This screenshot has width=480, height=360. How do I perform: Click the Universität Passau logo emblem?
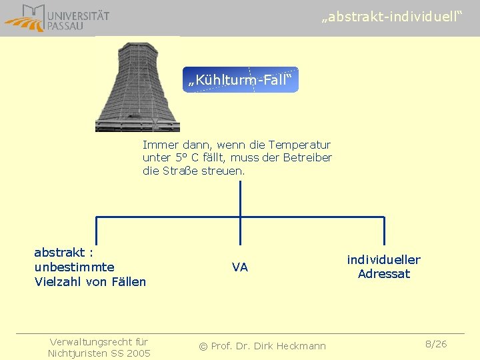pyautogui.click(x=25, y=18)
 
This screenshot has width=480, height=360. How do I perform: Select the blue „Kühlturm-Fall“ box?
pyautogui.click(x=239, y=80)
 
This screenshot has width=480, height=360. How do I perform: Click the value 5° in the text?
pyautogui.click(x=181, y=158)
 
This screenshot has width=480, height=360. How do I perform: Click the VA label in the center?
pyautogui.click(x=240, y=267)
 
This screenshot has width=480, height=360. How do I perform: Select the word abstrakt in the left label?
pyautogui.click(x=59, y=253)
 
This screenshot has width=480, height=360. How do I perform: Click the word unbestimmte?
pyautogui.click(x=74, y=267)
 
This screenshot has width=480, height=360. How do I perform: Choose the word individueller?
pyautogui.click(x=383, y=260)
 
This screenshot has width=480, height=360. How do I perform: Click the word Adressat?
pyautogui.click(x=384, y=274)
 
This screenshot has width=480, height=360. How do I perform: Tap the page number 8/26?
pyautogui.click(x=436, y=344)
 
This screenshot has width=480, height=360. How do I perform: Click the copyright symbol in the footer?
pyautogui.click(x=204, y=346)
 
